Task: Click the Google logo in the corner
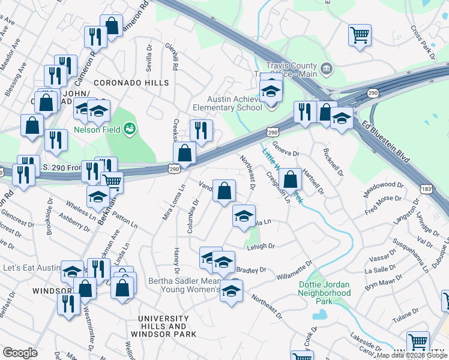(x=20, y=353)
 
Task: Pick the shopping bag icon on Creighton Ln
(x=290, y=178)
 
